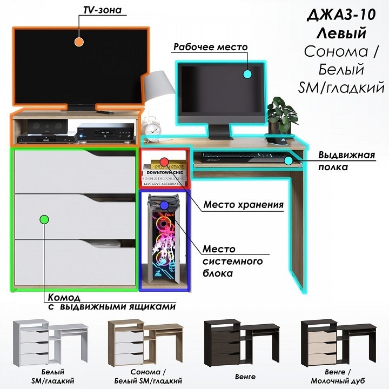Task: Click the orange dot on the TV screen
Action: click(79, 42)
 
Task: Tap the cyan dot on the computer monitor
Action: click(247, 74)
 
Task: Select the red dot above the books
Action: click(164, 162)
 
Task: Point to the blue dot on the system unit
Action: click(164, 205)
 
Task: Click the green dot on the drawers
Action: click(44, 219)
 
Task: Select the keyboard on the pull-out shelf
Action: click(244, 157)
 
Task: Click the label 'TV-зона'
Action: click(102, 10)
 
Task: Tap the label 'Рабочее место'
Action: click(210, 47)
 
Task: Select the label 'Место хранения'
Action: click(243, 205)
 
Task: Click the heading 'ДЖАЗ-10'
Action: click(341, 15)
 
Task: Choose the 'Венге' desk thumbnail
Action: click(242, 343)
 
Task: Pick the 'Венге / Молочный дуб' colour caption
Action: click(338, 376)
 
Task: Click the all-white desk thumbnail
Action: click(50, 343)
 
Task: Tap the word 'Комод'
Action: click(64, 297)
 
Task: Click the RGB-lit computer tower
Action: click(164, 239)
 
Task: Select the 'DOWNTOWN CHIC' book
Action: click(164, 172)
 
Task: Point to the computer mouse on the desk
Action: click(277, 140)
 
